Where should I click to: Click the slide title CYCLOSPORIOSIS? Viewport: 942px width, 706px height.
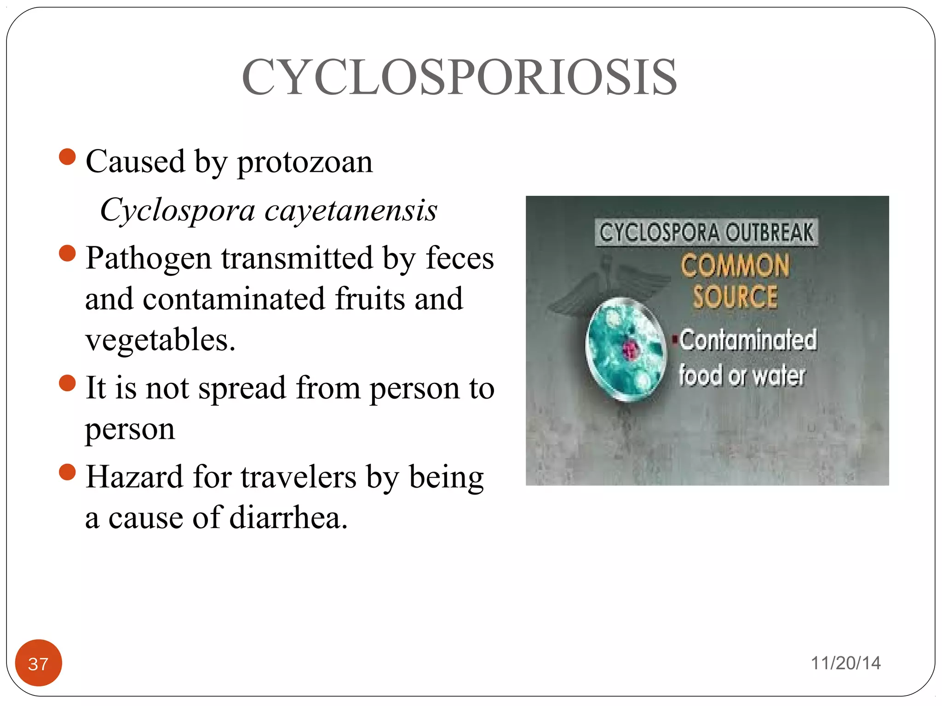pyautogui.click(x=459, y=77)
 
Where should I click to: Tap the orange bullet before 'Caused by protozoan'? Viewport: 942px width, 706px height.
pyautogui.click(x=67, y=157)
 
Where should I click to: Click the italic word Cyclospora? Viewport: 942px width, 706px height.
pyautogui.click(x=177, y=210)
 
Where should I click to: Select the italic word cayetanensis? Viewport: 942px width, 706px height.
pyautogui.click(x=350, y=210)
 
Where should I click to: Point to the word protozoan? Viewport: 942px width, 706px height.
pyautogui.click(x=304, y=162)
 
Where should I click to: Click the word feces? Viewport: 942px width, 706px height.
pyautogui.click(x=459, y=258)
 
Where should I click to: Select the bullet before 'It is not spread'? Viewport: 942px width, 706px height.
pyautogui.click(x=67, y=383)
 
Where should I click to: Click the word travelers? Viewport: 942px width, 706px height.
pyautogui.click(x=299, y=477)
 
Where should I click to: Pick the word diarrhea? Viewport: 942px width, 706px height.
pyautogui.click(x=288, y=518)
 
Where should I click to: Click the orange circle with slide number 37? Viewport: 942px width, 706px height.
pyautogui.click(x=38, y=663)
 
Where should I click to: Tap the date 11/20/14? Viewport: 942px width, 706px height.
pyautogui.click(x=845, y=663)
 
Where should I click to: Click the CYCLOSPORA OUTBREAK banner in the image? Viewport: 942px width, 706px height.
pyautogui.click(x=706, y=232)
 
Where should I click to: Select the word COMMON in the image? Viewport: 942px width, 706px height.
pyautogui.click(x=735, y=266)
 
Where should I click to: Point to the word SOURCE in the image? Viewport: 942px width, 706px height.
pyautogui.click(x=735, y=296)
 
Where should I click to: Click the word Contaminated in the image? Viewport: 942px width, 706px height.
pyautogui.click(x=748, y=340)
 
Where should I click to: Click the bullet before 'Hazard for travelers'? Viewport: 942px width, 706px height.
pyautogui.click(x=67, y=472)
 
